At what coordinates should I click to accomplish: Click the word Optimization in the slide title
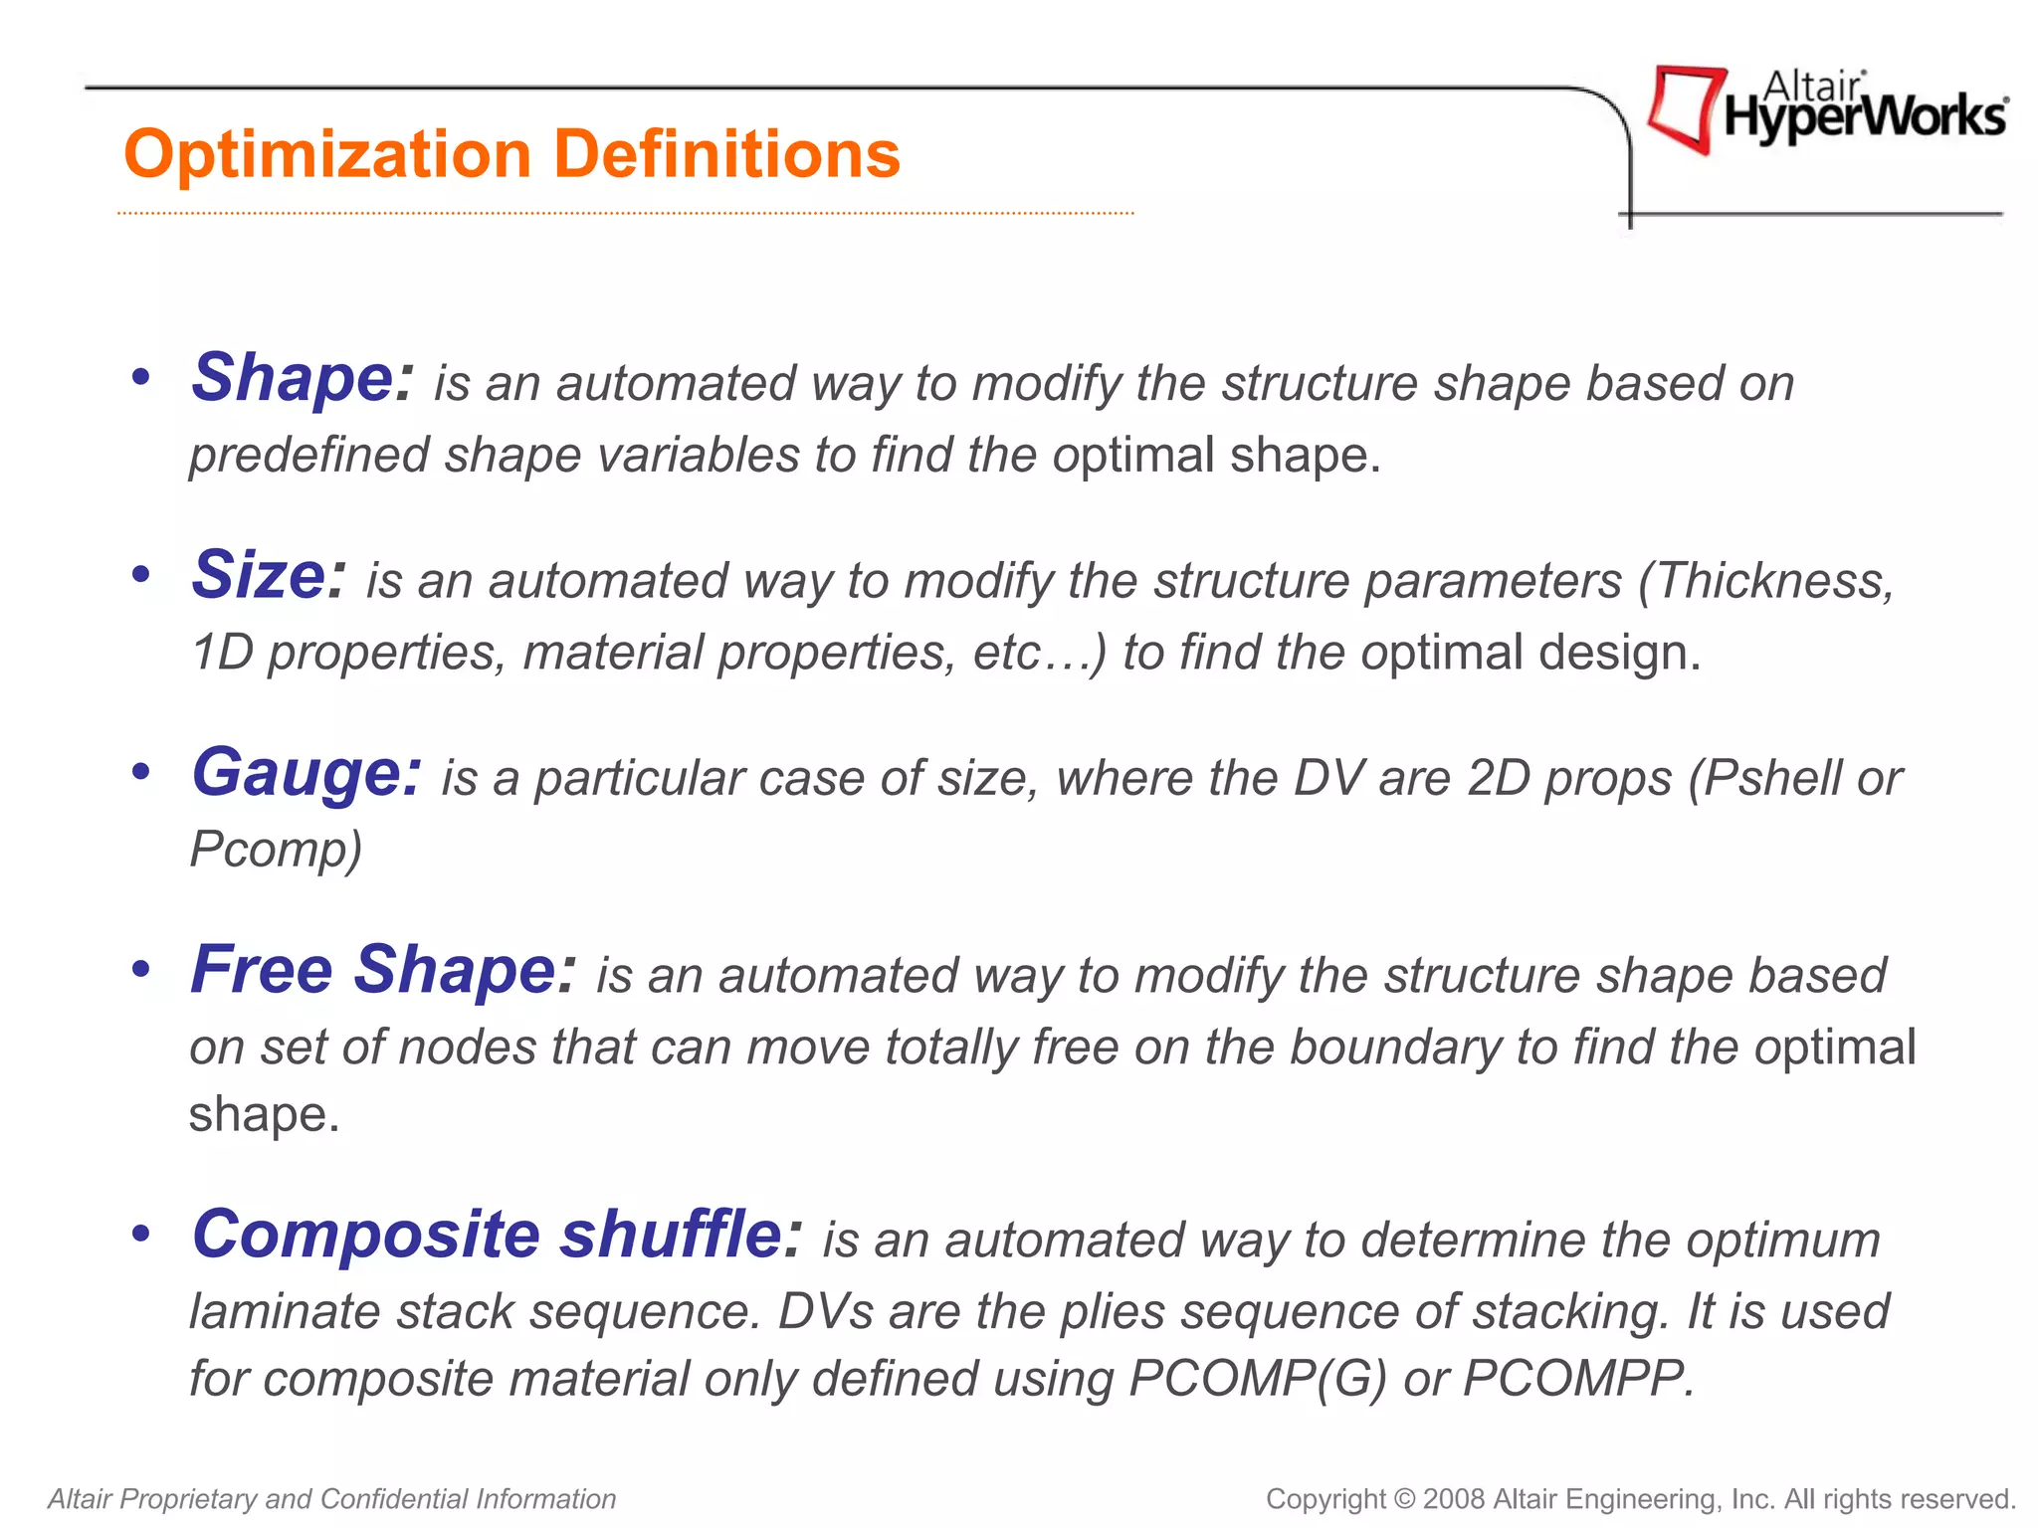[328, 156]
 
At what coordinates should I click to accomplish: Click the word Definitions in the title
[725, 154]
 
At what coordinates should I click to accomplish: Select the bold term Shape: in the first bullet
[302, 379]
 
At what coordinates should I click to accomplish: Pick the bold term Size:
[269, 576]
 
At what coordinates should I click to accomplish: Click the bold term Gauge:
[306, 774]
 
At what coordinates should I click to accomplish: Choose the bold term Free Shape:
[383, 970]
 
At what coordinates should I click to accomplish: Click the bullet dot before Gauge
[141, 772]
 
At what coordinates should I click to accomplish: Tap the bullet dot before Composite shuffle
[141, 1234]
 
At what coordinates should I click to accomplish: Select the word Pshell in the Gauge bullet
[1771, 778]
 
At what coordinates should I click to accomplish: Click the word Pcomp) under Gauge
[276, 850]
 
